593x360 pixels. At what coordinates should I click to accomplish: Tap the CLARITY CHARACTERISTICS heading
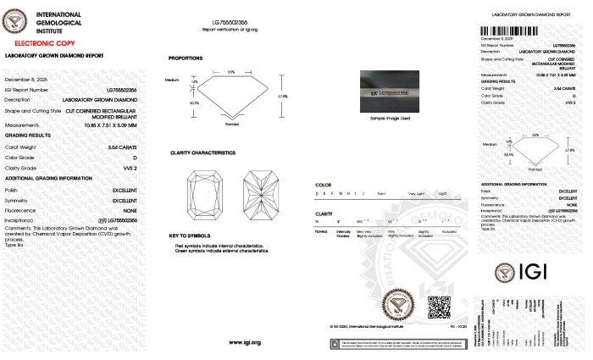pos(202,152)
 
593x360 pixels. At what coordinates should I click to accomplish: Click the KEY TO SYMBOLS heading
pos(189,235)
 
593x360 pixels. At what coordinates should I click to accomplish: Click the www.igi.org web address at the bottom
pos(244,342)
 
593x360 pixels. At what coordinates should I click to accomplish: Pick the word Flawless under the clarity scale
pos(322,230)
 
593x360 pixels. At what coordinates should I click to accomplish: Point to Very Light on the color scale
pos(415,194)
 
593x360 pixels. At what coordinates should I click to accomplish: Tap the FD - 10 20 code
pos(457,325)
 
